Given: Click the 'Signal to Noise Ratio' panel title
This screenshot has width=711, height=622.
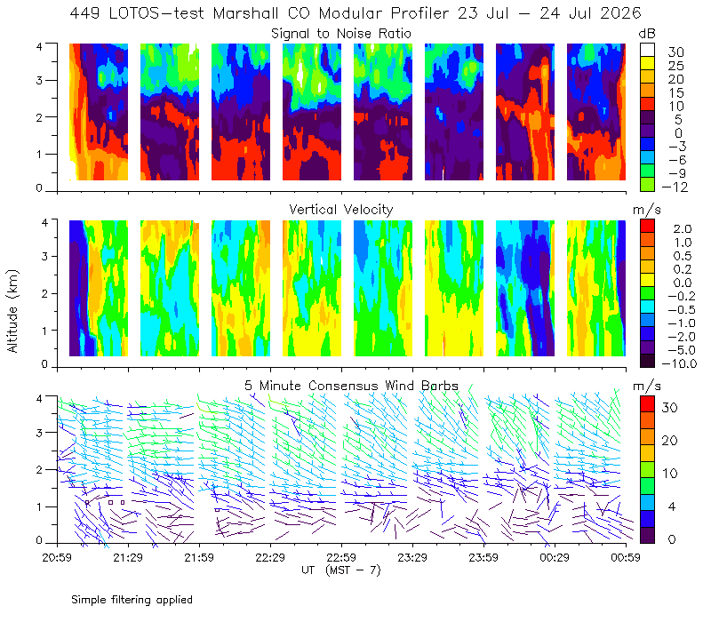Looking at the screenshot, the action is [x=341, y=34].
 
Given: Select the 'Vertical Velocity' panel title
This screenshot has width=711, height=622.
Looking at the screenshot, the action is [x=341, y=210].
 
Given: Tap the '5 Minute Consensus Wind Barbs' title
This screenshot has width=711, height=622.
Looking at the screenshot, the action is [x=351, y=386].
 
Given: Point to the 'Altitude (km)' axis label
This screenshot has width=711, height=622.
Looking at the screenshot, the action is [x=12, y=311].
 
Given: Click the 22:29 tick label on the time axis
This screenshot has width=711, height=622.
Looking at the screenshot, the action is [x=270, y=557].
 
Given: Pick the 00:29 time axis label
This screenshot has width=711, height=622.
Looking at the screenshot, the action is [x=555, y=557].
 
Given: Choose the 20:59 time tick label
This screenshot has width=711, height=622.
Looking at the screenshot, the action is [x=57, y=557].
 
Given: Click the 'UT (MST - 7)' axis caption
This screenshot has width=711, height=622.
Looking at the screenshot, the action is [x=341, y=570].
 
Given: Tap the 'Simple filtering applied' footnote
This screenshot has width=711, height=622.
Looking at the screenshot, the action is [x=132, y=601].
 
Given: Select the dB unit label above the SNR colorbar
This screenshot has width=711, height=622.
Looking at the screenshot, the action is [x=647, y=34].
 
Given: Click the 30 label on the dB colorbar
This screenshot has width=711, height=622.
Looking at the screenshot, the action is [x=675, y=52].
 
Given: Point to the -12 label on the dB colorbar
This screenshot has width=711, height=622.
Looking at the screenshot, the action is [x=675, y=187].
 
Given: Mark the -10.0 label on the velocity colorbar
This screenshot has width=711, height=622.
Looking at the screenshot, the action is [x=679, y=363].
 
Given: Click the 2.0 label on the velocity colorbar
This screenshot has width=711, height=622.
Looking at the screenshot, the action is [x=683, y=229].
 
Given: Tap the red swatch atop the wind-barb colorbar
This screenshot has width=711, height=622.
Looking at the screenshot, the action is [x=647, y=404].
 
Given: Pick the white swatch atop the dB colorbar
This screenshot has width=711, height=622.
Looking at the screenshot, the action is [x=647, y=50].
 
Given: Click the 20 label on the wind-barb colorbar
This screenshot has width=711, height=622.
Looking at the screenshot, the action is [x=670, y=441].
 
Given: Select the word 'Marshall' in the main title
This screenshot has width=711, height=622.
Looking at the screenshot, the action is [x=245, y=13].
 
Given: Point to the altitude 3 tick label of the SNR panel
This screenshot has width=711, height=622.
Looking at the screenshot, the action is [x=39, y=80].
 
